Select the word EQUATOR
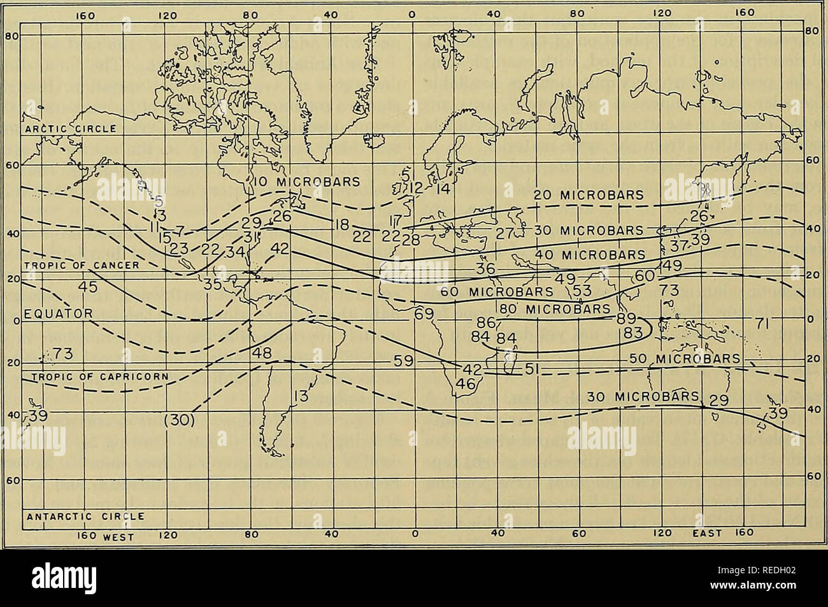[59, 313]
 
